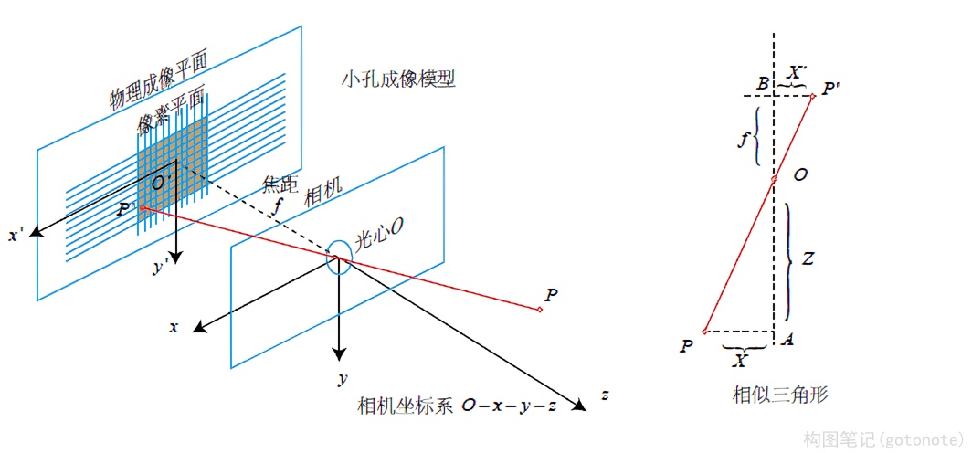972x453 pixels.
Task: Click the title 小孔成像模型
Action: [x=396, y=79]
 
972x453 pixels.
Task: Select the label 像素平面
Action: [x=171, y=110]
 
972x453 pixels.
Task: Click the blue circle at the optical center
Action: [x=337, y=256]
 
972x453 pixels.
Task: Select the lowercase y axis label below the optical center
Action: [x=340, y=377]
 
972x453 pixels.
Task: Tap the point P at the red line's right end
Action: [x=550, y=294]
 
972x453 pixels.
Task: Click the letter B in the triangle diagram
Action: [x=762, y=85]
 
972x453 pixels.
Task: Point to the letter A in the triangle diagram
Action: [x=787, y=340]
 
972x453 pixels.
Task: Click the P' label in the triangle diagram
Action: [x=831, y=90]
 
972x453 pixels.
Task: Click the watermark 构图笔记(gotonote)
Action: [x=882, y=439]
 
